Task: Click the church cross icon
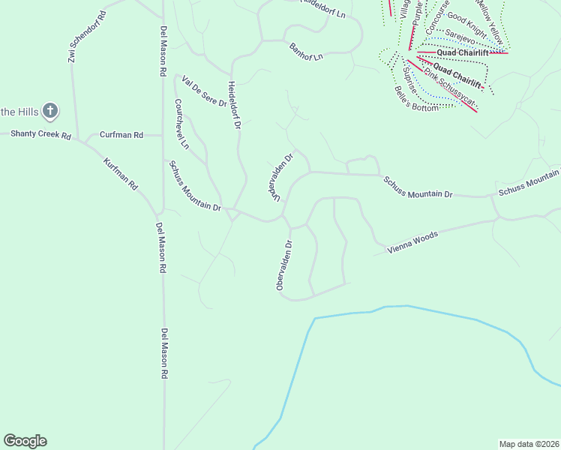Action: pos(50,112)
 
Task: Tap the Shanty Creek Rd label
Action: pos(40,135)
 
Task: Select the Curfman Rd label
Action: pos(121,135)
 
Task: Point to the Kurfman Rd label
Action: pos(121,173)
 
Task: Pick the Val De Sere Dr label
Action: pos(204,91)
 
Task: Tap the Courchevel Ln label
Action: pos(181,123)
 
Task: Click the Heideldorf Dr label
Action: pos(233,106)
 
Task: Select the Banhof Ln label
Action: pos(306,52)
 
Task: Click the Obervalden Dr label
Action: pos(283,265)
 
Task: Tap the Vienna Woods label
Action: pos(412,242)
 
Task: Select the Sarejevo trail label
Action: pos(461,35)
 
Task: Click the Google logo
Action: pos(25,441)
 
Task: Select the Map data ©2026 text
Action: pos(529,443)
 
